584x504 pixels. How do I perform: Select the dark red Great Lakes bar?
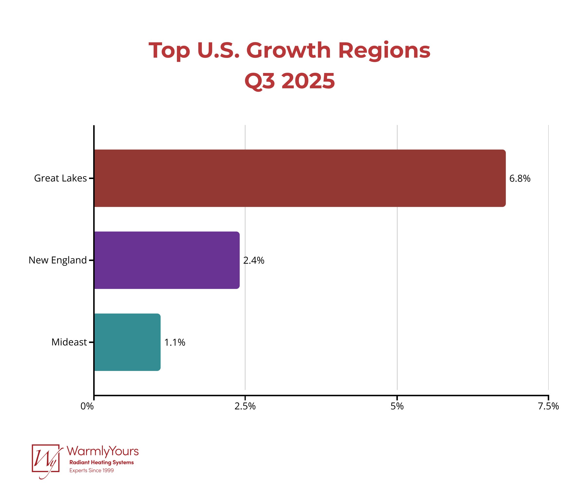(299, 178)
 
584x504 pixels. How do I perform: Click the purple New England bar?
(167, 260)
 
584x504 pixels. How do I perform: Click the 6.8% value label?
(520, 179)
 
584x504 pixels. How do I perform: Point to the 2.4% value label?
(254, 261)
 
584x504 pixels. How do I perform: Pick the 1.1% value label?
(174, 342)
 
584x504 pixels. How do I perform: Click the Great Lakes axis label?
(60, 178)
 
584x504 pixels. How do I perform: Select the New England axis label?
(57, 260)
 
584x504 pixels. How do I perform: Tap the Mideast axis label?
(69, 342)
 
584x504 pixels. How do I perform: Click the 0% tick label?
(87, 406)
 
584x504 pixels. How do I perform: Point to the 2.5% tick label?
(245, 406)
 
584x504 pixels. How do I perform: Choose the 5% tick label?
(397, 406)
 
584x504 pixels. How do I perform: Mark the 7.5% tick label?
(548, 406)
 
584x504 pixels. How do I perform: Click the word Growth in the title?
(288, 51)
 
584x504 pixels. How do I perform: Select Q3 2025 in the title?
(290, 81)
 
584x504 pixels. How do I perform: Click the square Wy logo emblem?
(46, 458)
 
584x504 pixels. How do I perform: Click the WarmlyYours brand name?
(103, 451)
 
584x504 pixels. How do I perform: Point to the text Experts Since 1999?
(91, 470)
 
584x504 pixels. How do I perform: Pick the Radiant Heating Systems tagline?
(101, 462)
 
